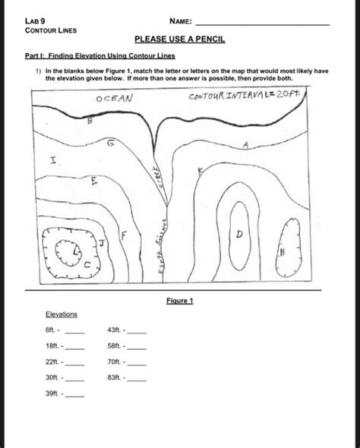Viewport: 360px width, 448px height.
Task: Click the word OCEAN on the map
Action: coord(115,99)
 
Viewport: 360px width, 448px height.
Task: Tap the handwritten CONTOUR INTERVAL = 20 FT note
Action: coord(245,97)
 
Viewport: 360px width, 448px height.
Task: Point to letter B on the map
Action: coord(90,121)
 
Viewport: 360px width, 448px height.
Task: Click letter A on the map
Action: coord(246,145)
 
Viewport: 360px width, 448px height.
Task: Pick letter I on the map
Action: coord(52,161)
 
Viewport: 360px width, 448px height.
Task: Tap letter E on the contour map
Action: coord(94,182)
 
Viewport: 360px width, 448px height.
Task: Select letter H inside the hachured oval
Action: coord(282,251)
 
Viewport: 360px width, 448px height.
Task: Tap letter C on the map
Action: coord(87,265)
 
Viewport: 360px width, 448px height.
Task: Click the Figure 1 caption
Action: coord(179,301)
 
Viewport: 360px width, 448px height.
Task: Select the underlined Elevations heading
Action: coord(62,314)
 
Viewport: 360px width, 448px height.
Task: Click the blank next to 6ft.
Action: coord(74,331)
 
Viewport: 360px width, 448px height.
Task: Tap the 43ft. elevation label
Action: coord(116,331)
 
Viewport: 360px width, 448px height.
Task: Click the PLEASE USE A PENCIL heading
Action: coord(180,38)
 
